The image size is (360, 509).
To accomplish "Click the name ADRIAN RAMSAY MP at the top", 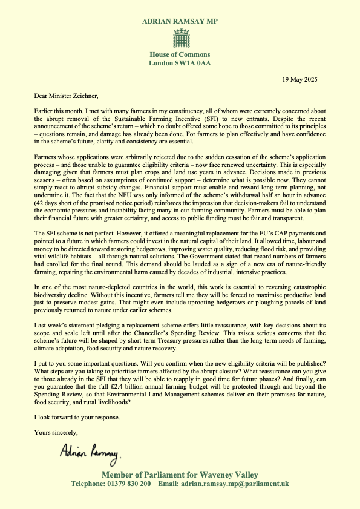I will point(180,21).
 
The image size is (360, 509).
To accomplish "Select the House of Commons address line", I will point(180,55).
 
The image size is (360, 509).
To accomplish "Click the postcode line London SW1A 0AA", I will point(180,63).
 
